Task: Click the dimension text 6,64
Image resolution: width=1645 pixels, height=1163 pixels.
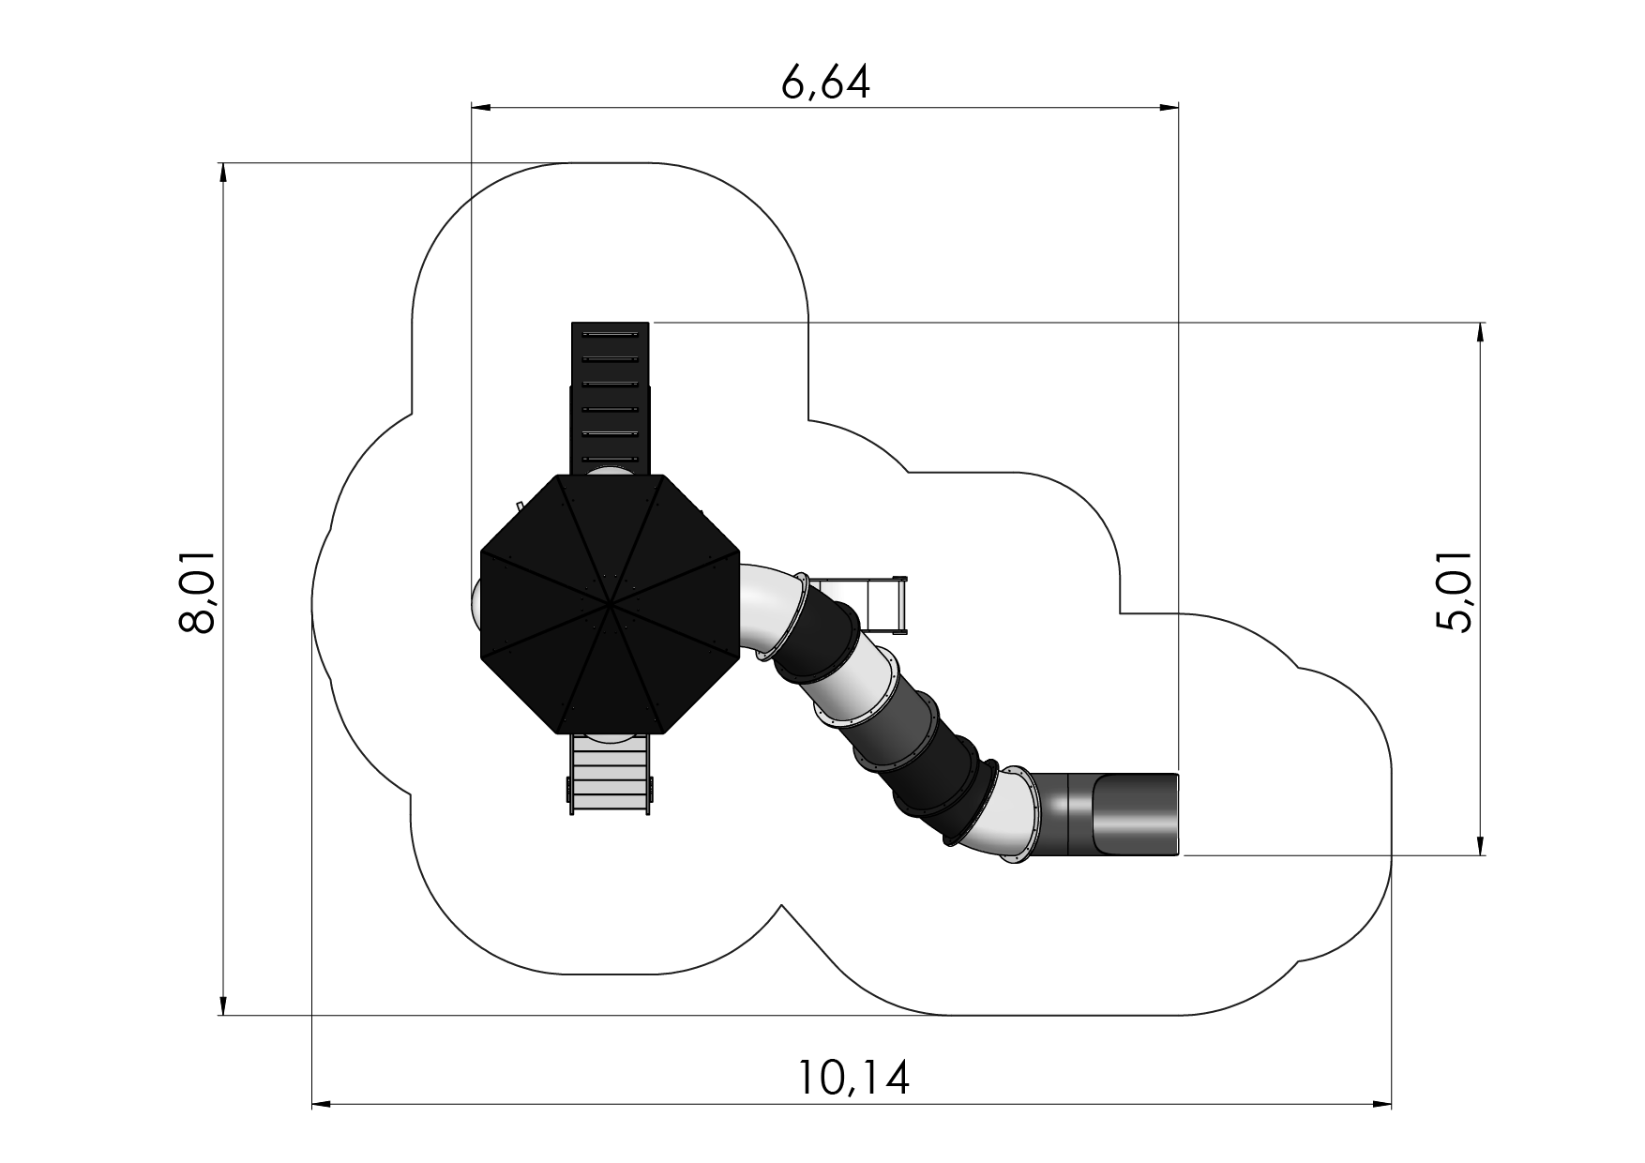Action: (x=825, y=83)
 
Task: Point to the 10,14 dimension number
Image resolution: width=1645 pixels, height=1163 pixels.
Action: (x=854, y=1078)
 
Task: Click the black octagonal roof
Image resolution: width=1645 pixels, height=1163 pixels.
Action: (x=611, y=605)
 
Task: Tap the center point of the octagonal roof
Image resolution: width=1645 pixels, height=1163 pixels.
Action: (x=611, y=605)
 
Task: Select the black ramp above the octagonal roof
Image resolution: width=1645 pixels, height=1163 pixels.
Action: (x=611, y=398)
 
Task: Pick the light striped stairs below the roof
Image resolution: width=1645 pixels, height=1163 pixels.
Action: (x=610, y=774)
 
